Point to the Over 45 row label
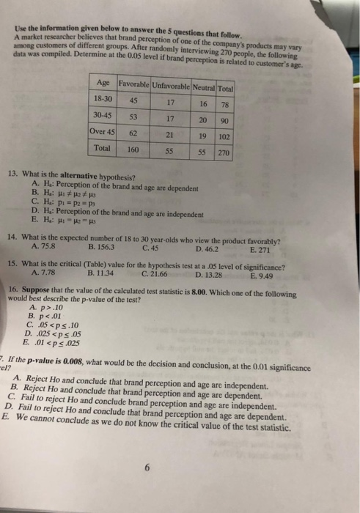[x=103, y=134]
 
